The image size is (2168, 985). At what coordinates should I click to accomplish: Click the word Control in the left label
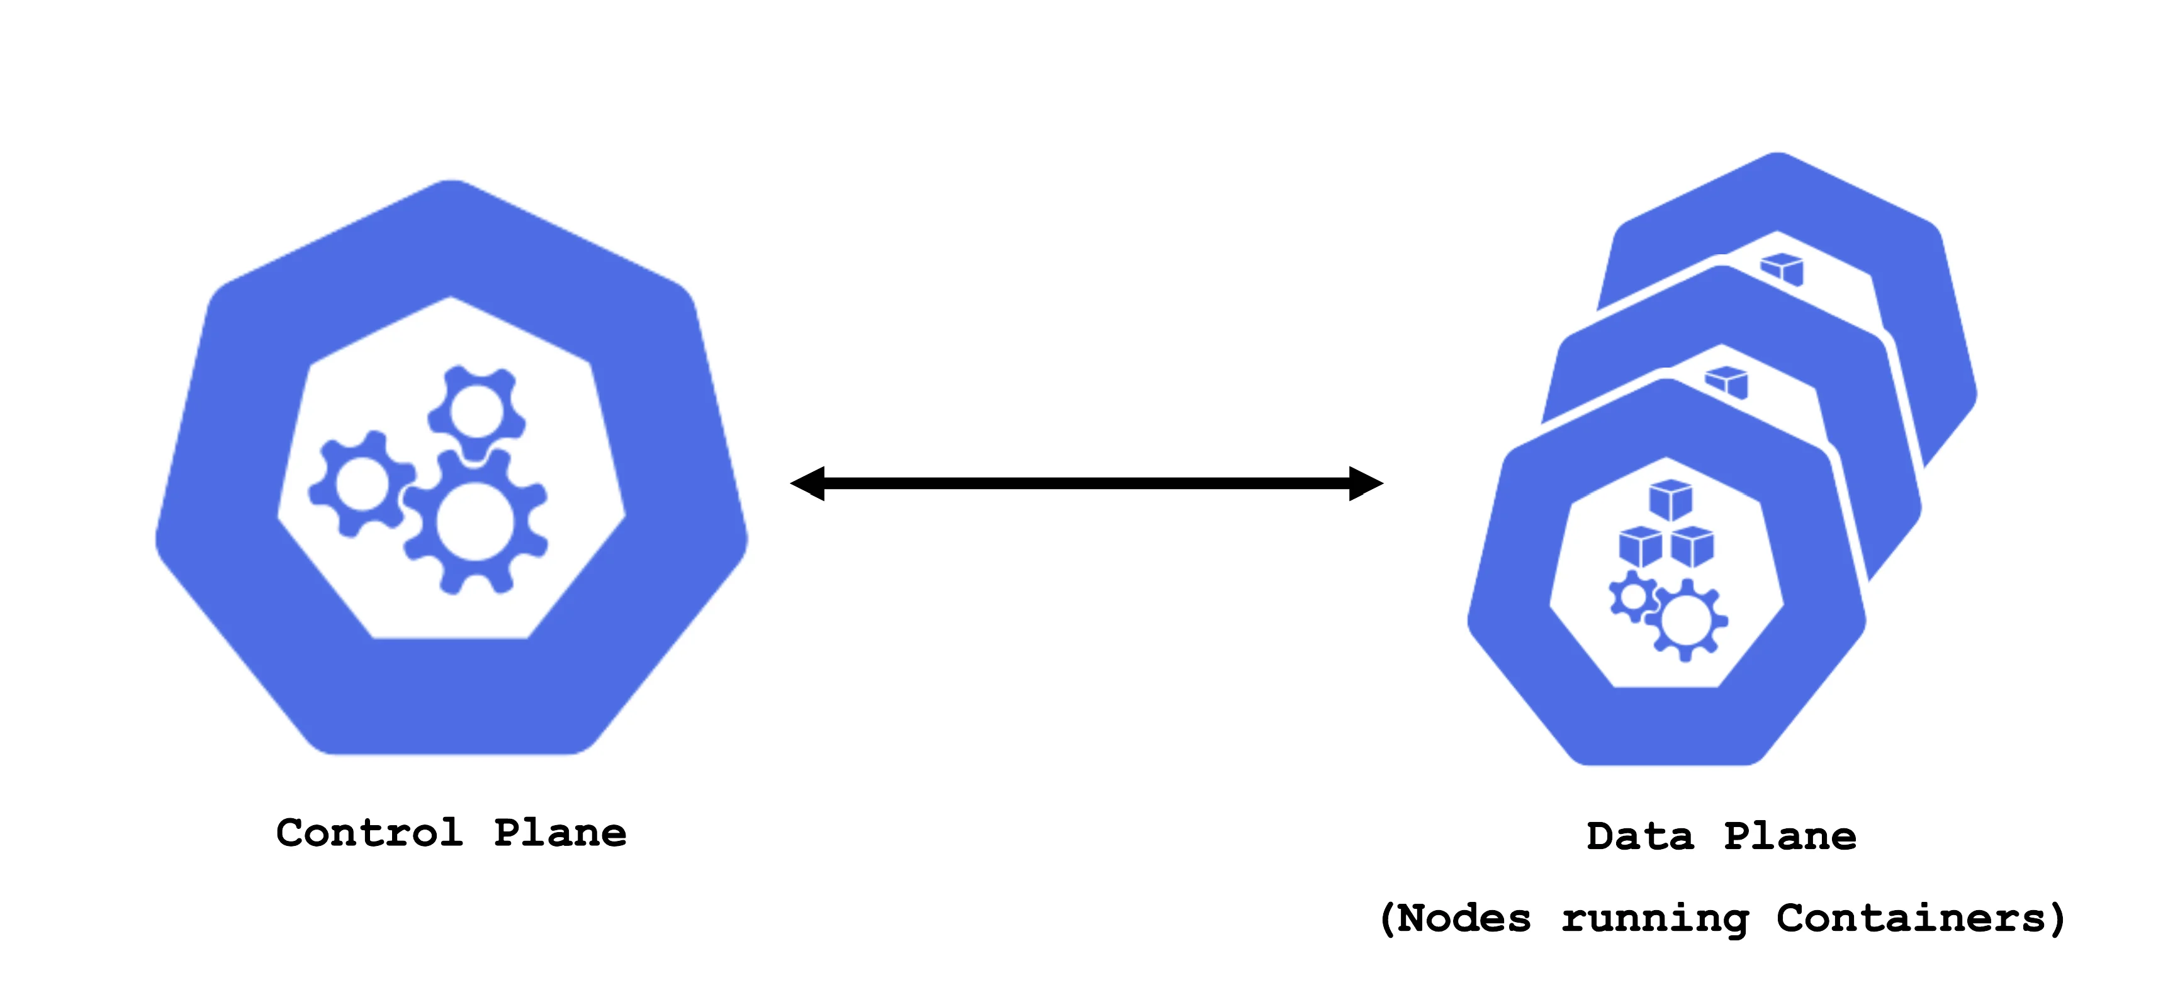coord(369,833)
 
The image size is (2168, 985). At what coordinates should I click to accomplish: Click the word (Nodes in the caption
coord(1455,918)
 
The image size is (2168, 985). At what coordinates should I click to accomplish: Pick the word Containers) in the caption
coord(1921,918)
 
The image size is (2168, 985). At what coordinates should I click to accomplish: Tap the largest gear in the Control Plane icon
coord(476,522)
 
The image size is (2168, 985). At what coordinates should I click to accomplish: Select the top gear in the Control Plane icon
coord(477,412)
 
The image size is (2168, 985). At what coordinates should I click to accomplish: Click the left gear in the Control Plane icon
coord(362,484)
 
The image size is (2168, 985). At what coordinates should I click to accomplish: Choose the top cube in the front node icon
coord(1671,500)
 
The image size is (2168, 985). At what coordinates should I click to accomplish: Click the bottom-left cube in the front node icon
coord(1640,547)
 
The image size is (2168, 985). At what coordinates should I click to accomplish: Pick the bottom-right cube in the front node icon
coord(1692,547)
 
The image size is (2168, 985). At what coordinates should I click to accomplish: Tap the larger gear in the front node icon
coord(1686,621)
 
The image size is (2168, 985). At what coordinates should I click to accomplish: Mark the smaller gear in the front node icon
coord(1634,597)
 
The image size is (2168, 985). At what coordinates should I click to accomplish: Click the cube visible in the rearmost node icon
coord(1782,269)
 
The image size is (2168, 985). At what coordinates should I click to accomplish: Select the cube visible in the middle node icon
coord(1726,382)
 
